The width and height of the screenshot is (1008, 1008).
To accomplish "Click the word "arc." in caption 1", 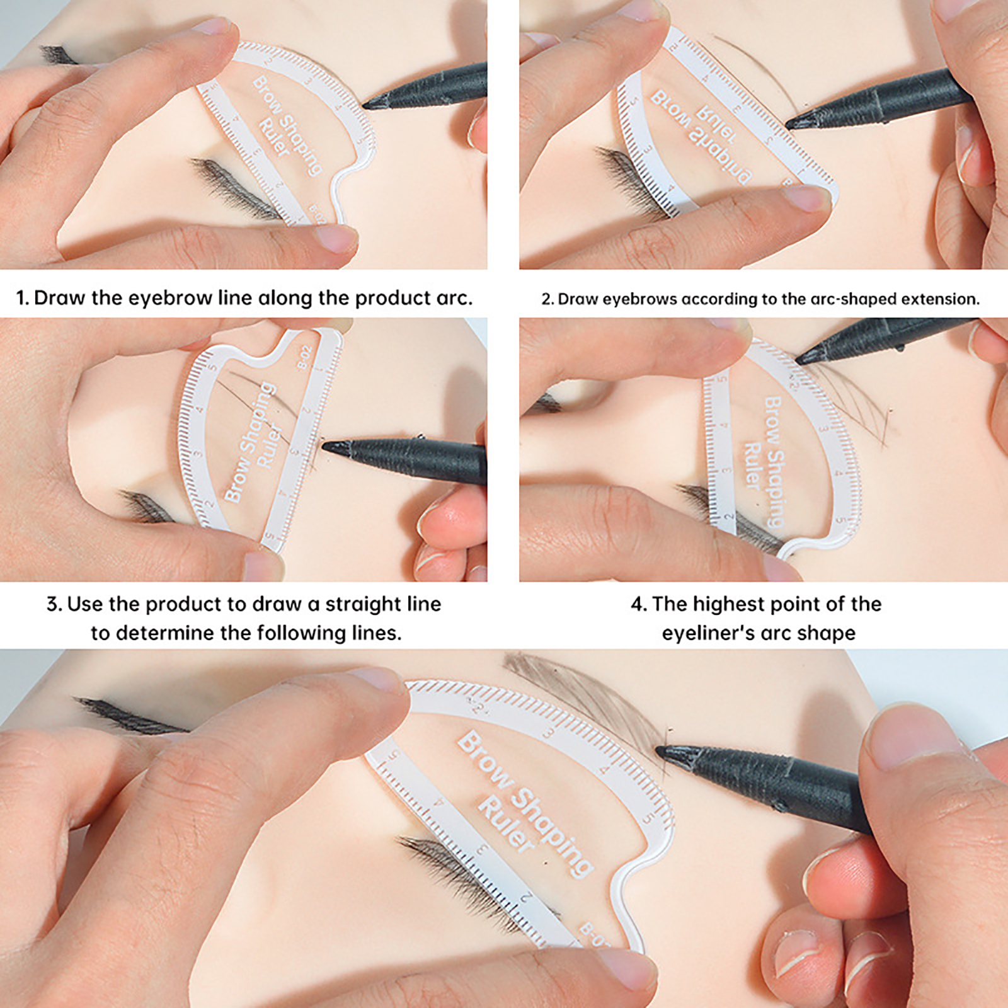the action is pyautogui.click(x=454, y=298).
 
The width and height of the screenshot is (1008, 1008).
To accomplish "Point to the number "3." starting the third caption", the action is pyautogui.click(x=54, y=605).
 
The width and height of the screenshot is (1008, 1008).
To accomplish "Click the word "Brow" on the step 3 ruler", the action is pyautogui.click(x=239, y=476).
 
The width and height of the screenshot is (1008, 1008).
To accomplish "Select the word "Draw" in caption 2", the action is pyautogui.click(x=578, y=299).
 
